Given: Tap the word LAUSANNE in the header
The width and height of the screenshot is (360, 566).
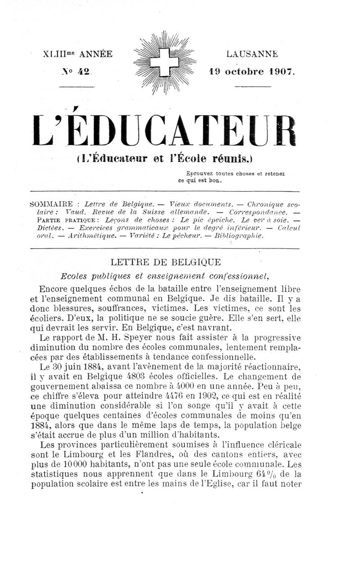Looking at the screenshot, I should [252, 54].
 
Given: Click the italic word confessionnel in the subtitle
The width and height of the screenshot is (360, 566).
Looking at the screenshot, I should [236, 276].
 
